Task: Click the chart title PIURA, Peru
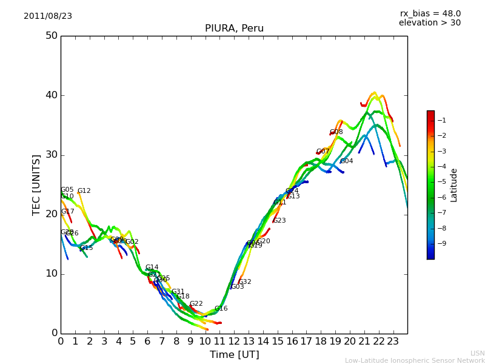click(234, 29)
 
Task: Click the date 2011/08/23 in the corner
click(48, 16)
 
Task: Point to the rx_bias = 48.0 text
click(430, 14)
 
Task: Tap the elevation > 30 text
click(429, 23)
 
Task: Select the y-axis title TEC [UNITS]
click(36, 184)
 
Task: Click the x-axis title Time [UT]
click(234, 354)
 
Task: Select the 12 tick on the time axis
click(234, 342)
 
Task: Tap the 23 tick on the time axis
click(393, 342)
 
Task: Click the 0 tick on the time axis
click(61, 342)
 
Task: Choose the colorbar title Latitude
click(453, 185)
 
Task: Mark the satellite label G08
click(336, 132)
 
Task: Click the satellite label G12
click(84, 191)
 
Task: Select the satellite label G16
click(221, 309)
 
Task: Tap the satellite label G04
click(346, 161)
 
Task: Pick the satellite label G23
click(279, 221)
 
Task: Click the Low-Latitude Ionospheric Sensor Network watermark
click(415, 361)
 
